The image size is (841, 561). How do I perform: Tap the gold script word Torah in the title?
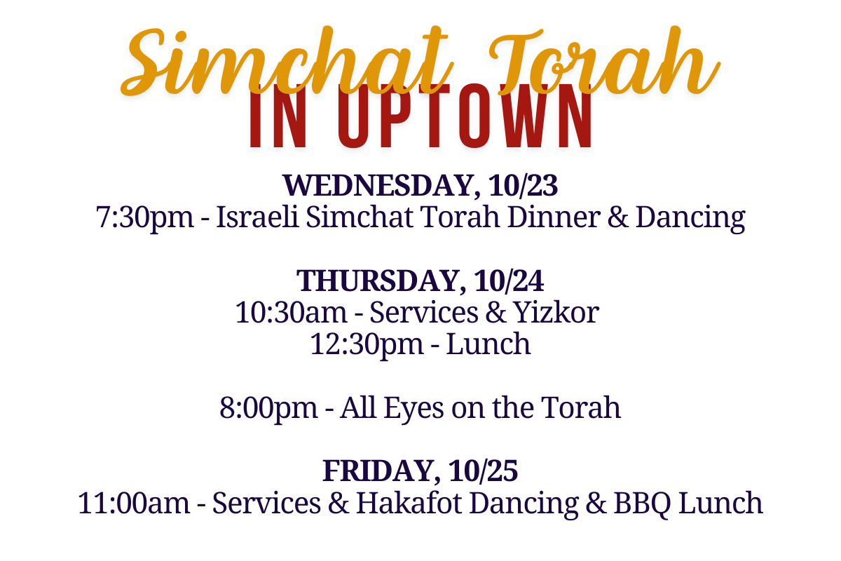(x=604, y=60)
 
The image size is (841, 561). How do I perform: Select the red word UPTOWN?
(x=465, y=116)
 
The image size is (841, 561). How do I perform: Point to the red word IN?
(x=278, y=116)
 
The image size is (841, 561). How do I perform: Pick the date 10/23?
(x=523, y=186)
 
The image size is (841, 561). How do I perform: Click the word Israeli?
(x=257, y=217)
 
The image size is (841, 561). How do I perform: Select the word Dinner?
(x=554, y=217)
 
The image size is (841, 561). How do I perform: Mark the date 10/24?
(x=509, y=281)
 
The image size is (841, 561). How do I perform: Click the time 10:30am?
(x=291, y=313)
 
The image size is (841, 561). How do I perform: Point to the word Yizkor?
(x=556, y=313)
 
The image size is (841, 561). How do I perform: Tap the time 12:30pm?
(x=367, y=345)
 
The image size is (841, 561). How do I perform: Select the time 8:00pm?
(x=268, y=408)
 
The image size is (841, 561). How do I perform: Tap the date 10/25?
(x=483, y=471)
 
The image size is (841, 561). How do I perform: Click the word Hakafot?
(x=409, y=503)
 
